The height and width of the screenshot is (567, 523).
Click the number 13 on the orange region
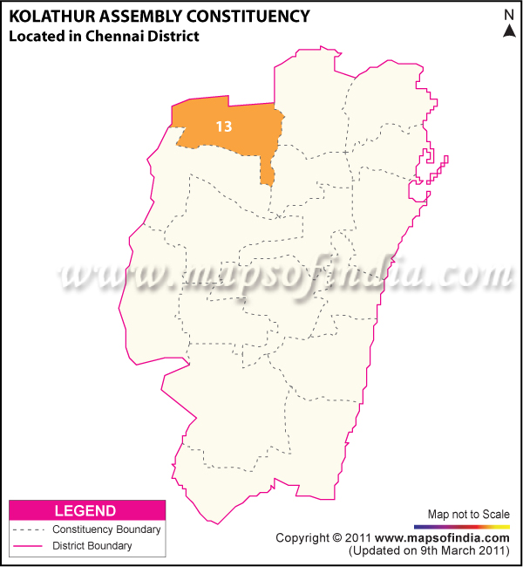(224, 126)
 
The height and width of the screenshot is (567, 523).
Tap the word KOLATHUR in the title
(48, 16)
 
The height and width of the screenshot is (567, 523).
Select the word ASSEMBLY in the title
(139, 16)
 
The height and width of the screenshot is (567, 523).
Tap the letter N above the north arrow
(509, 15)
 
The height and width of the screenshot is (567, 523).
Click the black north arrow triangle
(509, 31)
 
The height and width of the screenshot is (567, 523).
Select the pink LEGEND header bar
(86, 510)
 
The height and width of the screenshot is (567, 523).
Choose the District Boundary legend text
(92, 546)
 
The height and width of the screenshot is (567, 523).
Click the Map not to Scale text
(469, 514)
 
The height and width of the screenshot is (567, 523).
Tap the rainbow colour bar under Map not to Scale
(462, 527)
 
